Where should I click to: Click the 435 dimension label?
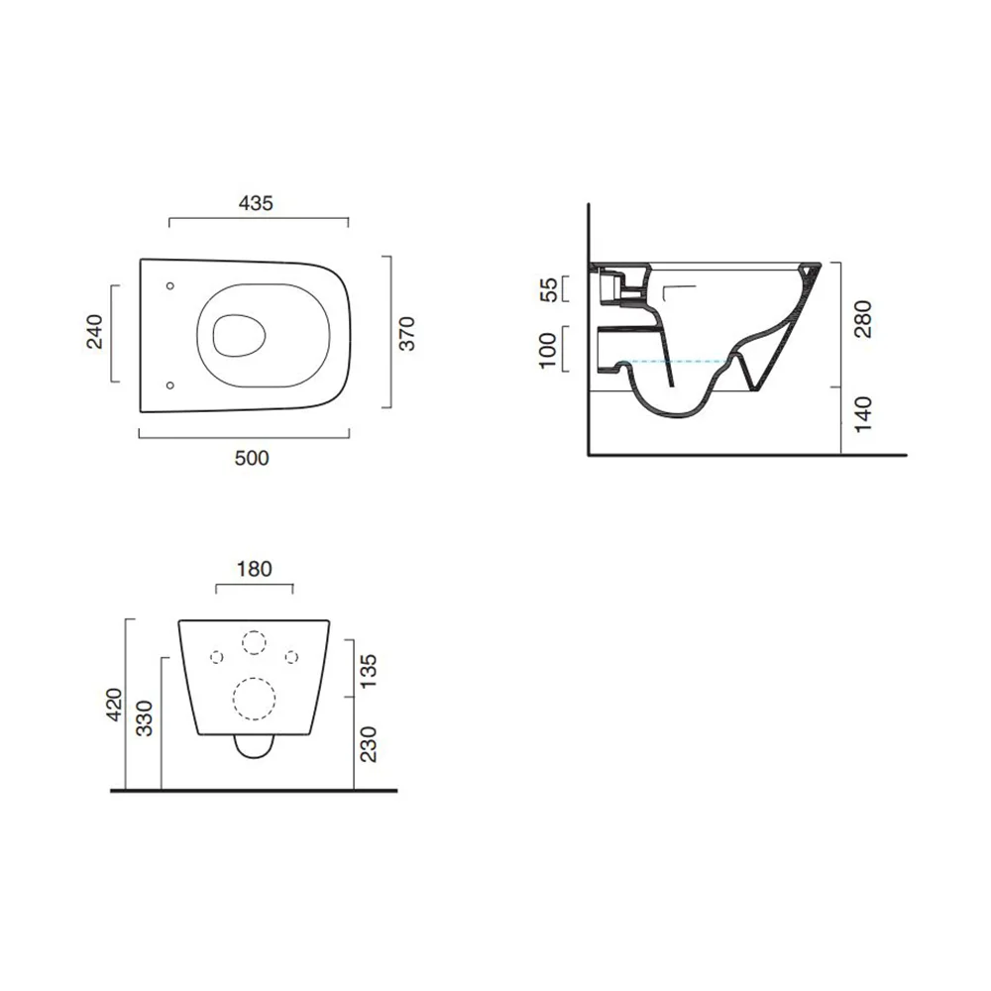click(256, 203)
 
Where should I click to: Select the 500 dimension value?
click(252, 458)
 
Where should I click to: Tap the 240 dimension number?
click(94, 332)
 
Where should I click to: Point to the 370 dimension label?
click(407, 333)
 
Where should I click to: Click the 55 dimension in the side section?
click(549, 289)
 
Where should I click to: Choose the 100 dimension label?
click(547, 350)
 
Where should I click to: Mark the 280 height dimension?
click(863, 319)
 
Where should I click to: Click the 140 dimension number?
click(863, 414)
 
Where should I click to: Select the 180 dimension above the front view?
click(254, 569)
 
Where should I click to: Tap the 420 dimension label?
click(114, 704)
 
